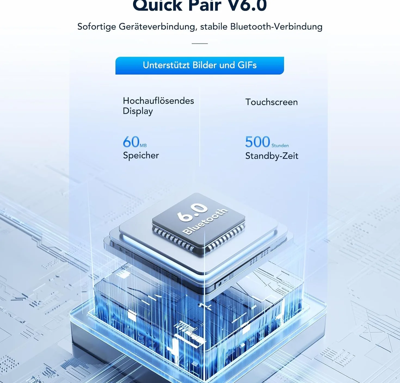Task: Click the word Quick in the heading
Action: (158, 5)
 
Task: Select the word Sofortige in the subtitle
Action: (97, 27)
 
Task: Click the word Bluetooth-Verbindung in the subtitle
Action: (276, 27)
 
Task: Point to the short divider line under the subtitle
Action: (199, 44)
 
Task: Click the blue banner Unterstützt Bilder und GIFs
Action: (199, 66)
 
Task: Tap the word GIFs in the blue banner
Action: (247, 65)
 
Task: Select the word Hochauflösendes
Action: (158, 101)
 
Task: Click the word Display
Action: (138, 111)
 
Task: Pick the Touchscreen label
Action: (272, 102)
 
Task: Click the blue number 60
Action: (131, 142)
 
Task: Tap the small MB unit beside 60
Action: (143, 146)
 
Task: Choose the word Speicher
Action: (141, 156)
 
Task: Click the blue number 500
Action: (258, 142)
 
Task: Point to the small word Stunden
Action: (280, 146)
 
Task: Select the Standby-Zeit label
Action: (272, 156)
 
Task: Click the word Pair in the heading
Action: (205, 5)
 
